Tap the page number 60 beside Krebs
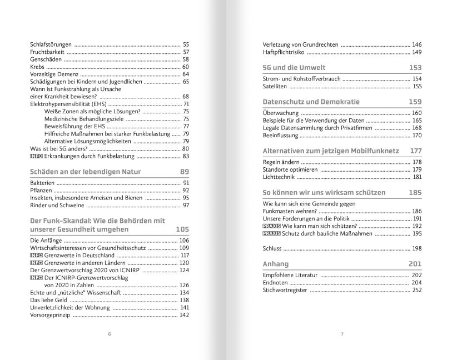[x=186, y=67]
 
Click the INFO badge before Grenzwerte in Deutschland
[x=36, y=255]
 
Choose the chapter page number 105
[x=182, y=229]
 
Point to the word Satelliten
[x=275, y=86]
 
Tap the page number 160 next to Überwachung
[x=416, y=113]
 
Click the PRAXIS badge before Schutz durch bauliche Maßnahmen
[x=271, y=234]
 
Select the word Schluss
[x=272, y=248]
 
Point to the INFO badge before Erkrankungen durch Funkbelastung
[x=36, y=156]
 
